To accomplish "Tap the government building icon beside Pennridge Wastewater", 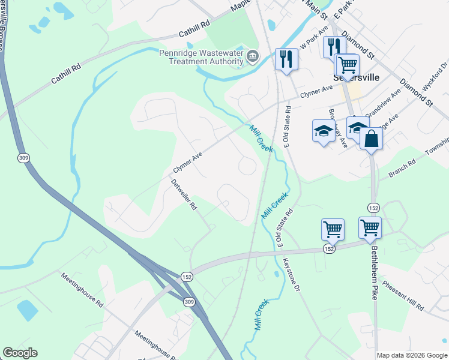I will pyautogui.click(x=253, y=58).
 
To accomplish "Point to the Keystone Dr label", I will pyautogui.click(x=291, y=274).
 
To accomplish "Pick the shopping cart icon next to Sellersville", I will pyautogui.click(x=347, y=64).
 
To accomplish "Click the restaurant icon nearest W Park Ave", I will pyautogui.click(x=286, y=59).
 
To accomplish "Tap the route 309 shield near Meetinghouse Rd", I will pyautogui.click(x=190, y=301).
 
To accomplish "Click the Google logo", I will pyautogui.click(x=20, y=353).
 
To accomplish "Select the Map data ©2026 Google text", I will pyautogui.click(x=411, y=355).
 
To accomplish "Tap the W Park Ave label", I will pyautogui.click(x=314, y=38).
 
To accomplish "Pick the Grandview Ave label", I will pyautogui.click(x=384, y=103).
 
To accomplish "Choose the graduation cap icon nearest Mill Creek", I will pyautogui.click(x=324, y=131).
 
